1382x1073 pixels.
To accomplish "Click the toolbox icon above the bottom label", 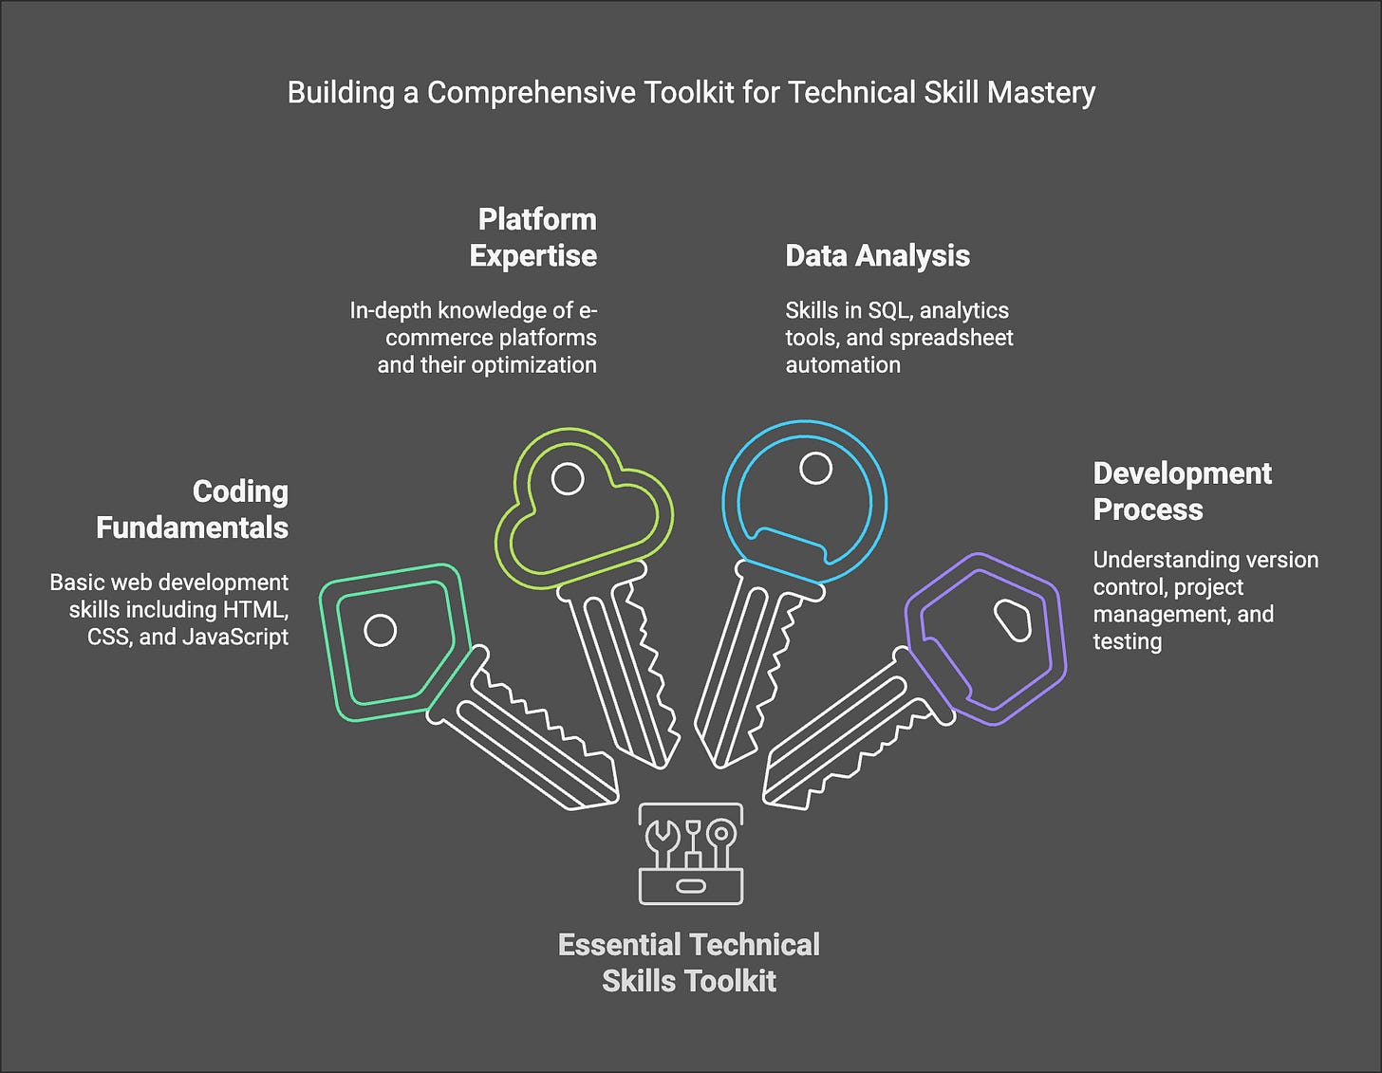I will [x=690, y=854].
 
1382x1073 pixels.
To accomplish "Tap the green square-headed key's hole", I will [x=381, y=630].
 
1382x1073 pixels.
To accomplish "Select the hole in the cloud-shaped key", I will [x=568, y=479].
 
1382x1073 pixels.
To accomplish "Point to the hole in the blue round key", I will [x=815, y=468].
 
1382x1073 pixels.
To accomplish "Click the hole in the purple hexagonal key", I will [x=1012, y=620].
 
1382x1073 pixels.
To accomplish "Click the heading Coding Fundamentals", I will [x=193, y=509].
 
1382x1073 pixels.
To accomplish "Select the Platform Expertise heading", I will [x=533, y=237].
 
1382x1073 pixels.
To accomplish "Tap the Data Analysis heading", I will [x=877, y=256].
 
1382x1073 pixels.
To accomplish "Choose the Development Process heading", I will [x=1182, y=491].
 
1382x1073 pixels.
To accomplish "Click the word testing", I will [x=1127, y=641].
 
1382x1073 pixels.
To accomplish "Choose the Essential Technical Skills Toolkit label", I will [x=689, y=962].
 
